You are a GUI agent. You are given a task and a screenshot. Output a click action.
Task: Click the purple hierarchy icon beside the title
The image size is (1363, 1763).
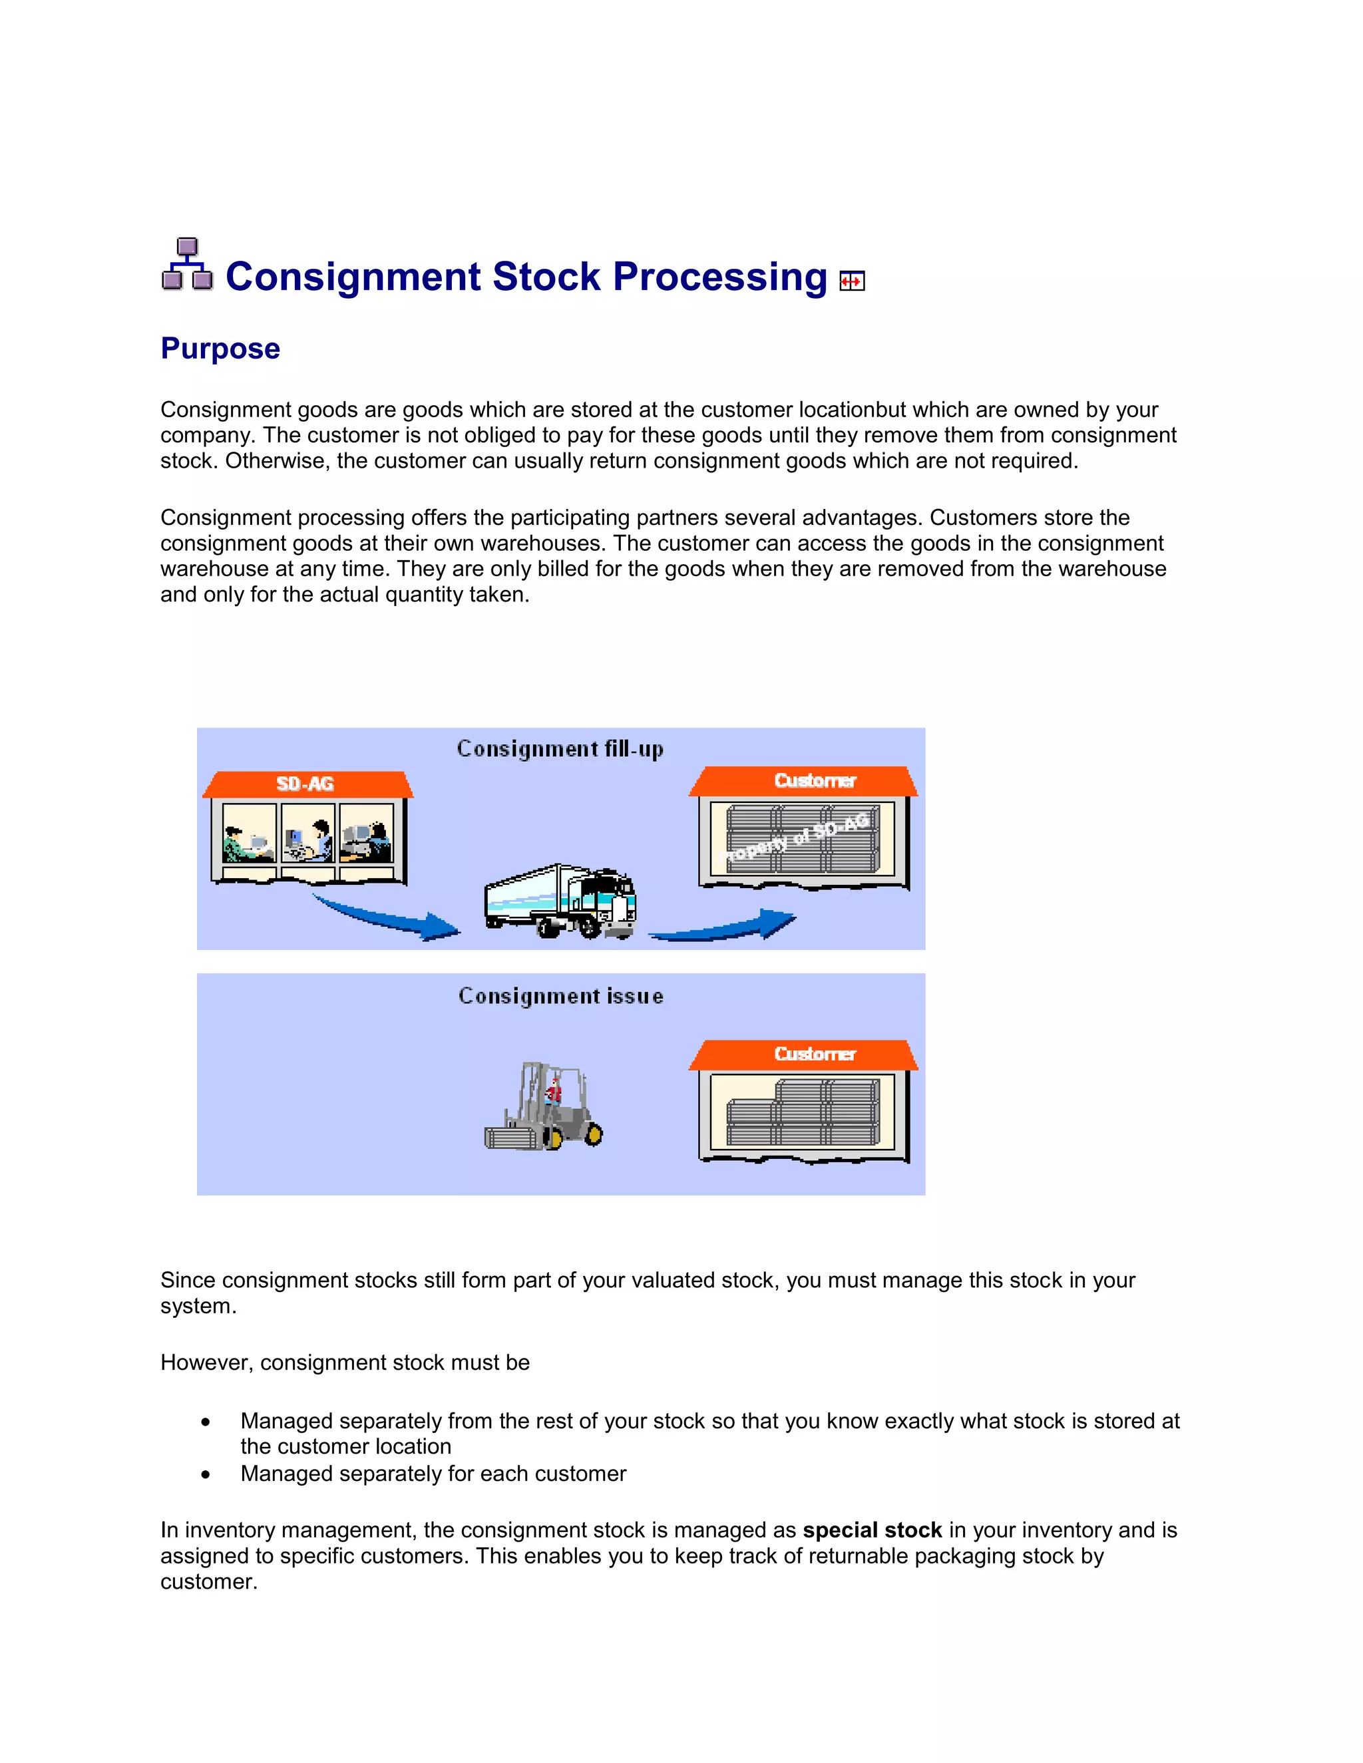[187, 264]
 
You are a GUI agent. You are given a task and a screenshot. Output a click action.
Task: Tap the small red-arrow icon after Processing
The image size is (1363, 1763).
[852, 281]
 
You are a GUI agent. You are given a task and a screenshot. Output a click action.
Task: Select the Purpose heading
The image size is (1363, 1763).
[220, 349]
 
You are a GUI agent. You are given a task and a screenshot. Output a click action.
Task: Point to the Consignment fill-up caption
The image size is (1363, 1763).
[560, 749]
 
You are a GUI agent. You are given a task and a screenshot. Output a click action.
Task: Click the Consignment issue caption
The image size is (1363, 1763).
[560, 996]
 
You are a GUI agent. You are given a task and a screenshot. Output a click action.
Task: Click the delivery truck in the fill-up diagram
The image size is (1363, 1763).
[560, 901]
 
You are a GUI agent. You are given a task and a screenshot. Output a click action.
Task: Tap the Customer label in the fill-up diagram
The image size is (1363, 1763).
[814, 780]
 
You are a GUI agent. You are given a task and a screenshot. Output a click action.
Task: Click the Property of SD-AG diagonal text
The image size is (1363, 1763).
[795, 838]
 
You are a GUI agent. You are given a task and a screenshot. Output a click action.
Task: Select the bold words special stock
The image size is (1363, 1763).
[872, 1531]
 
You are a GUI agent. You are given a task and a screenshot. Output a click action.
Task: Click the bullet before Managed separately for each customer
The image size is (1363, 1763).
[206, 1475]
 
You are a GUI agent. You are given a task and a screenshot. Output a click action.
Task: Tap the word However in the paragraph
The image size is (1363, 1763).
[206, 1363]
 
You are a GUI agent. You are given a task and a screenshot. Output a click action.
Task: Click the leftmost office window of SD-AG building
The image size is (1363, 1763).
[249, 833]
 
